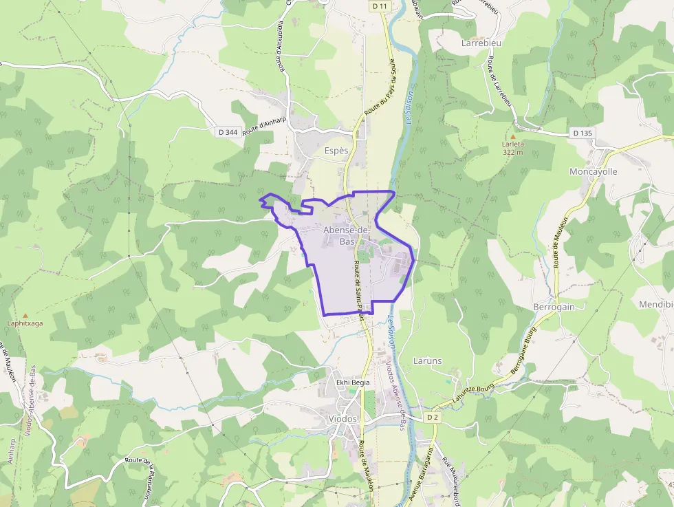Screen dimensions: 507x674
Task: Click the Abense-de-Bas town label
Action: [347, 235]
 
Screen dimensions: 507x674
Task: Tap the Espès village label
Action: [336, 150]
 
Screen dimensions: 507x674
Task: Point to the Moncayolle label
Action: [594, 171]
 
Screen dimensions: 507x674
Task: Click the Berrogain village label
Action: [554, 307]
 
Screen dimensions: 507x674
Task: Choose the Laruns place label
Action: [428, 360]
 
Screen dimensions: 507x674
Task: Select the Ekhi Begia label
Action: [353, 382]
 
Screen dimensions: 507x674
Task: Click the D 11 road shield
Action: [380, 6]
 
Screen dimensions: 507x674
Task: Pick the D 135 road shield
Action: [582, 133]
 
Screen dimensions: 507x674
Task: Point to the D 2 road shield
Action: [433, 417]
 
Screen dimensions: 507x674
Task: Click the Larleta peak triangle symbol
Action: [512, 136]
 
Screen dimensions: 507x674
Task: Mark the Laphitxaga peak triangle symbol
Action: [25, 314]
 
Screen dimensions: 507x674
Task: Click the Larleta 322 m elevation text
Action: [513, 149]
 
